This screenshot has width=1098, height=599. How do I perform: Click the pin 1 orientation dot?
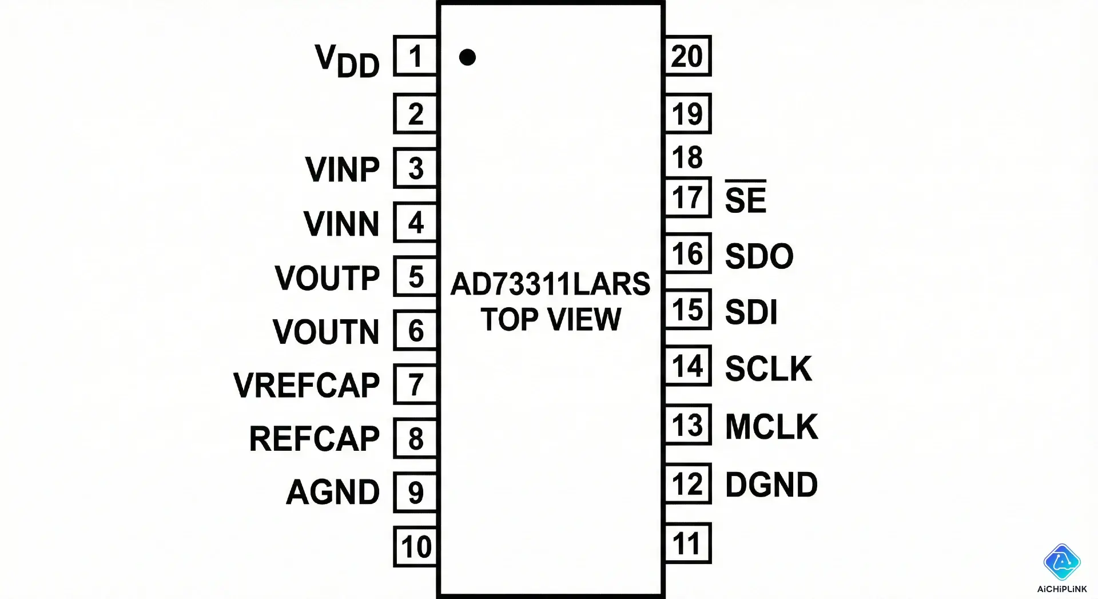point(467,57)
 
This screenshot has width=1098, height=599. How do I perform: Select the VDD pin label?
point(347,61)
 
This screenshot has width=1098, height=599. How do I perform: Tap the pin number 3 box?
point(416,168)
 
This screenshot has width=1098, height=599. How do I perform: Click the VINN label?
point(341,223)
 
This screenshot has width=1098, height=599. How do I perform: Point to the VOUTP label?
point(327,278)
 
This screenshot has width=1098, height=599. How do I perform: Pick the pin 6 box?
point(416,331)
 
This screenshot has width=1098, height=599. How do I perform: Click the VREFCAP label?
point(307,385)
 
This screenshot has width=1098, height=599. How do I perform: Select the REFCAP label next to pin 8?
point(314,439)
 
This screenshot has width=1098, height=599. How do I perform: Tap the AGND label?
point(332,492)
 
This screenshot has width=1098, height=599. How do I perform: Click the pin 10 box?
point(416,547)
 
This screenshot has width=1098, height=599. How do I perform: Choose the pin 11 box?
point(687,544)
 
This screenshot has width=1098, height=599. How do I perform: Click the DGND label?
point(771,485)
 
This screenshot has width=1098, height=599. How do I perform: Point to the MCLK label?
point(771,426)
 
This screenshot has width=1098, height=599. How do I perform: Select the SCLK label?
point(768,368)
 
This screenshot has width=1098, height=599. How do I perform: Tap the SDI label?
point(751,312)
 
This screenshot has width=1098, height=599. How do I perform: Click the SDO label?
point(759,256)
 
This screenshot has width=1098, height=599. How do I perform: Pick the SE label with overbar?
point(745,199)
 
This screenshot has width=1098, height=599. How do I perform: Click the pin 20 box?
point(687,56)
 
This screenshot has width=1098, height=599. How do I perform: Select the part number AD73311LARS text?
point(550,284)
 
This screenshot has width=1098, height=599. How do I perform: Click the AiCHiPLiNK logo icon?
point(1062,562)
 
